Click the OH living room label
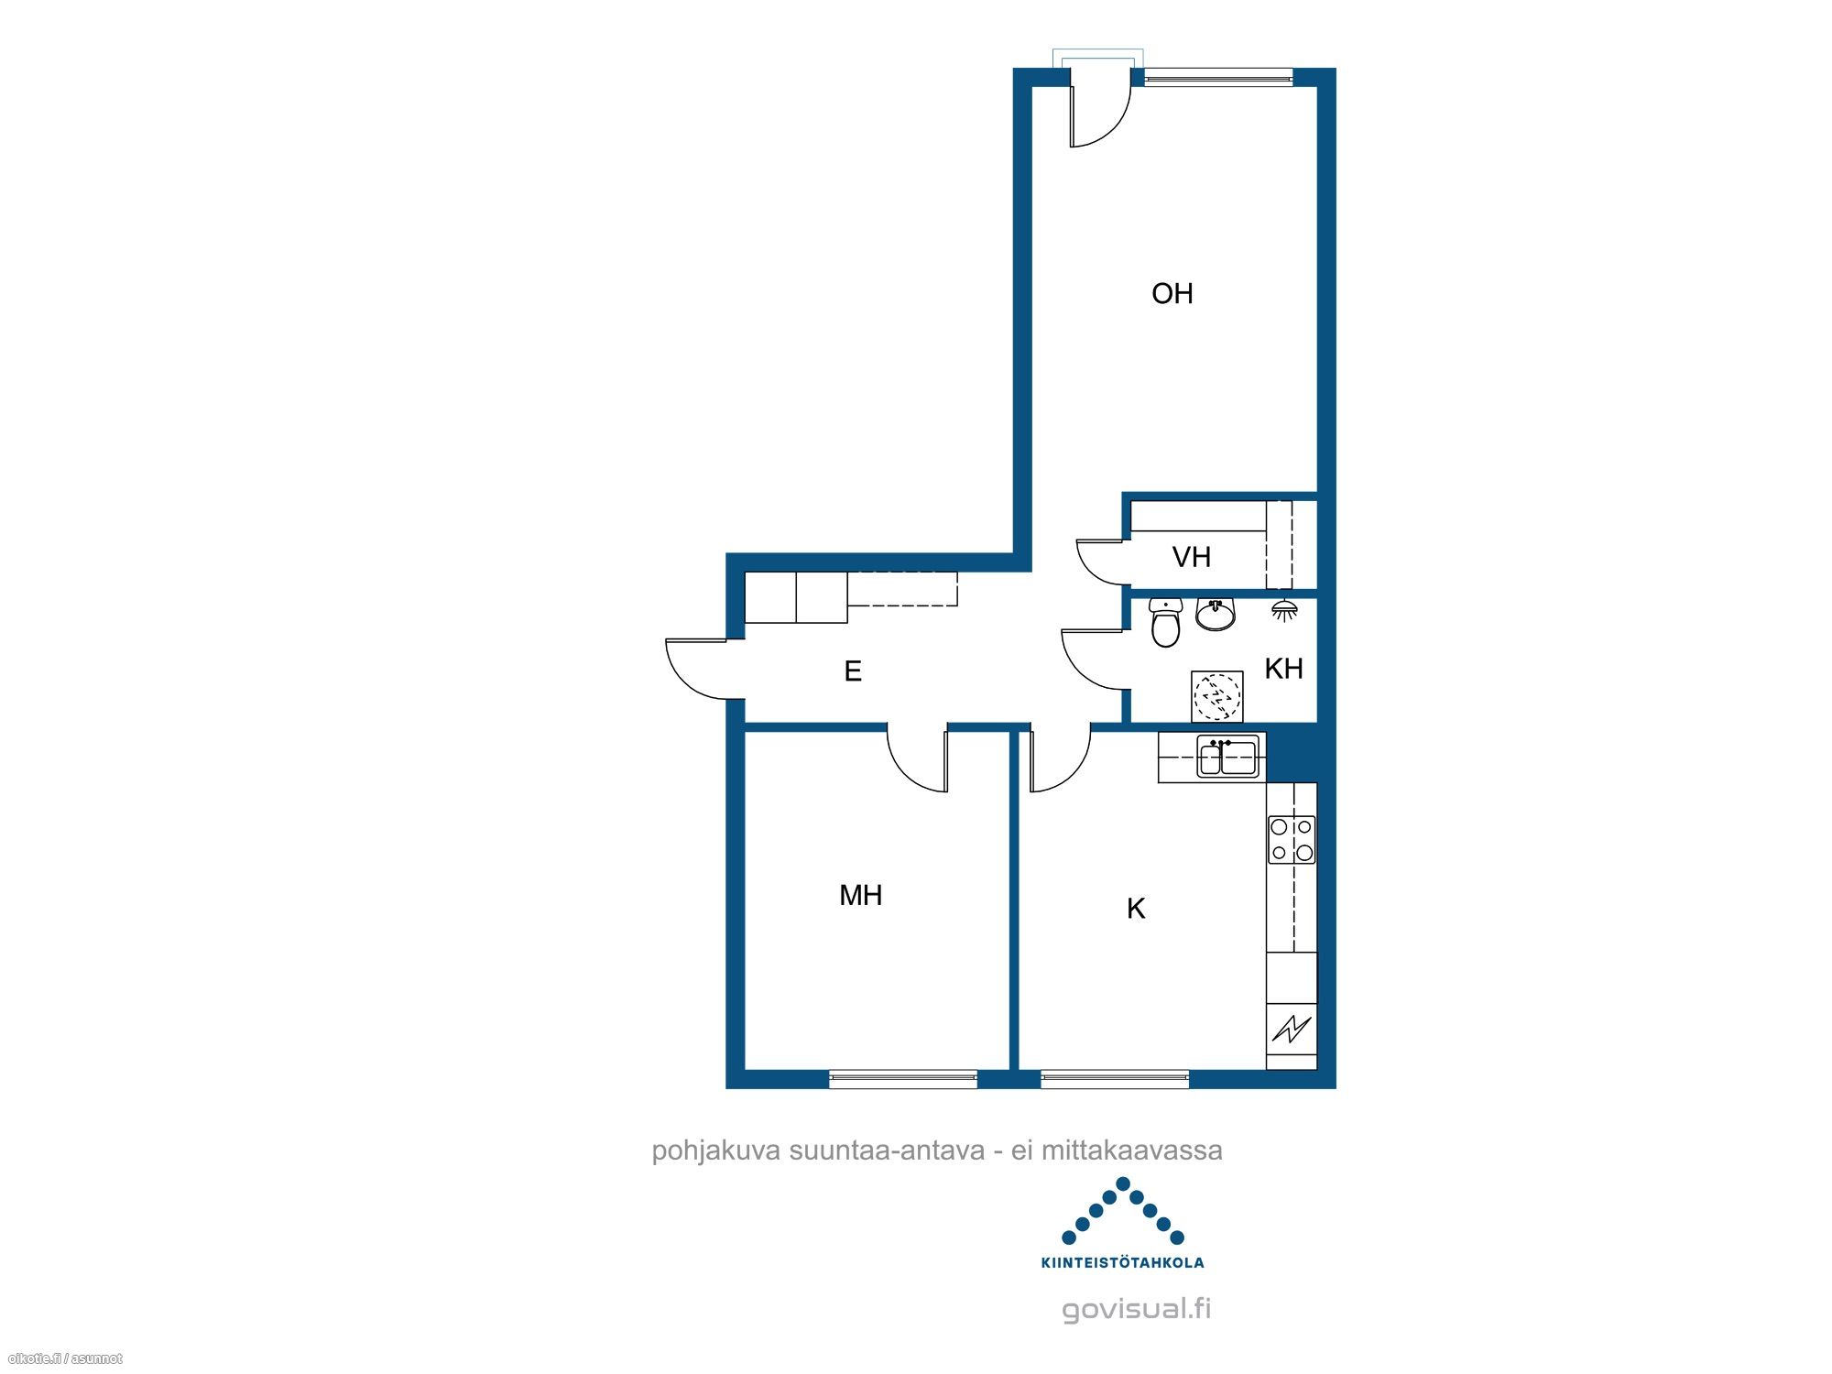coord(1172,293)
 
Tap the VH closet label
coord(1191,557)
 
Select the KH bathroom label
coord(1283,669)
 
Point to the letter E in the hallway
coord(853,671)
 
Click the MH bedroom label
coord(861,895)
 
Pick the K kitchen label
coord(1136,909)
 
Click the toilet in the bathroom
coord(1165,622)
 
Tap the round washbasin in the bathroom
coord(1216,615)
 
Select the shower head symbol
coord(1284,611)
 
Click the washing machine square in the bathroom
coord(1217,696)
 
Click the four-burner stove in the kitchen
coord(1292,840)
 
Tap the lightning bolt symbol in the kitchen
coord(1292,1029)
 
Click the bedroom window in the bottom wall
coord(903,1079)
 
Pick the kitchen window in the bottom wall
coord(1115,1079)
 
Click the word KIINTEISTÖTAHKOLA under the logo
coord(1123,1262)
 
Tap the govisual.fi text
coord(1137,1309)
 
